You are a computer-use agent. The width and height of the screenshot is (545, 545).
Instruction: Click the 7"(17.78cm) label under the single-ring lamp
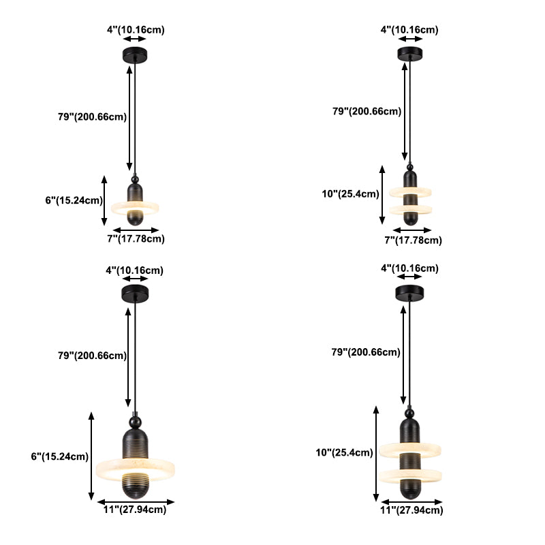(x=136, y=239)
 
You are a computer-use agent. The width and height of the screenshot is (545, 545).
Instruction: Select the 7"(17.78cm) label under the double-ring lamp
(x=413, y=240)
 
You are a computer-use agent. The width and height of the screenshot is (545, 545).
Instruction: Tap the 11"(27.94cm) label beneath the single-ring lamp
(x=135, y=510)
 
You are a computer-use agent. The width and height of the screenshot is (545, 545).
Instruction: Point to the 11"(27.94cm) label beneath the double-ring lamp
(x=411, y=510)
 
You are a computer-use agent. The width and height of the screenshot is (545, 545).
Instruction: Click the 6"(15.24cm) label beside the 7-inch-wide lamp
(x=74, y=200)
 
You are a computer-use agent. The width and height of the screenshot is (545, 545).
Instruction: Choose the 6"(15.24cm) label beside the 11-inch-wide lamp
(x=60, y=456)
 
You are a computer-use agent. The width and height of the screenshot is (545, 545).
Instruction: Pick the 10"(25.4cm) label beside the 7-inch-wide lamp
(x=350, y=193)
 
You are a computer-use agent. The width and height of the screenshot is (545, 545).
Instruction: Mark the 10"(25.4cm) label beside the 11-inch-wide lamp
(x=344, y=452)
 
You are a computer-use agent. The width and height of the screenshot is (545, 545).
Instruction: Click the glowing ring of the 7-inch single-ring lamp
(x=135, y=208)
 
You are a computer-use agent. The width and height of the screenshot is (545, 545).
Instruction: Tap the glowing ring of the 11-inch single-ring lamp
(x=135, y=469)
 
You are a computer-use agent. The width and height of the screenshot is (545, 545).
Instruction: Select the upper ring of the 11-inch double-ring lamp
(x=410, y=450)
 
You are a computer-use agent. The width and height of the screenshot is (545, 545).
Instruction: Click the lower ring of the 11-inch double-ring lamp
(x=410, y=476)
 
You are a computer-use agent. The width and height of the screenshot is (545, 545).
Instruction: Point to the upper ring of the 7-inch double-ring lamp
(x=410, y=192)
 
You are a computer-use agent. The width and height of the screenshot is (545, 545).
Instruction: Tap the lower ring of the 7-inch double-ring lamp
(x=411, y=210)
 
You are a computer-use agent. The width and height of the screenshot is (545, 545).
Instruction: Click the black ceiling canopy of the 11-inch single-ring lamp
(x=135, y=294)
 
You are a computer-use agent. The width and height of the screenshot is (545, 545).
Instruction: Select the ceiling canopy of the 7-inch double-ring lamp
(x=410, y=54)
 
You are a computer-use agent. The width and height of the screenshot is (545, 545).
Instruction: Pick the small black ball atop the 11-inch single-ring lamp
(x=135, y=422)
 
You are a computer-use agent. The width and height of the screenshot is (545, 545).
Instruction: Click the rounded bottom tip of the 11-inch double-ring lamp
(x=411, y=496)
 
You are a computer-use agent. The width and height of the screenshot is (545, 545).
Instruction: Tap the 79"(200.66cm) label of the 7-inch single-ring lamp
(x=92, y=116)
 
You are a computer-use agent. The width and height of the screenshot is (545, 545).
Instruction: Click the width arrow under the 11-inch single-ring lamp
(x=136, y=502)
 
